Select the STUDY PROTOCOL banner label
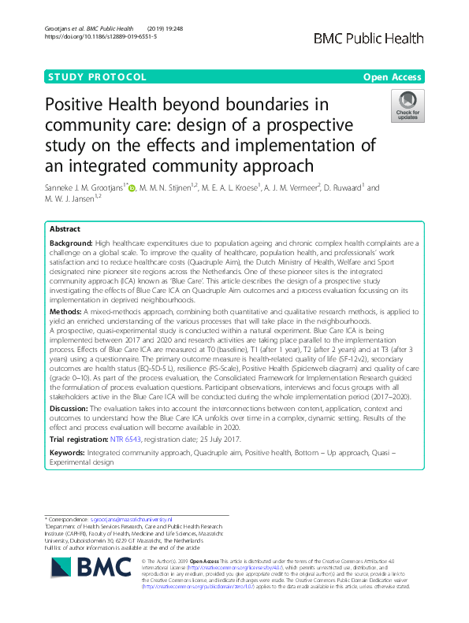click(98, 77)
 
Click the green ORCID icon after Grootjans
click(132, 188)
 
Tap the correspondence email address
click(130, 520)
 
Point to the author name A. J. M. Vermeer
click(289, 188)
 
